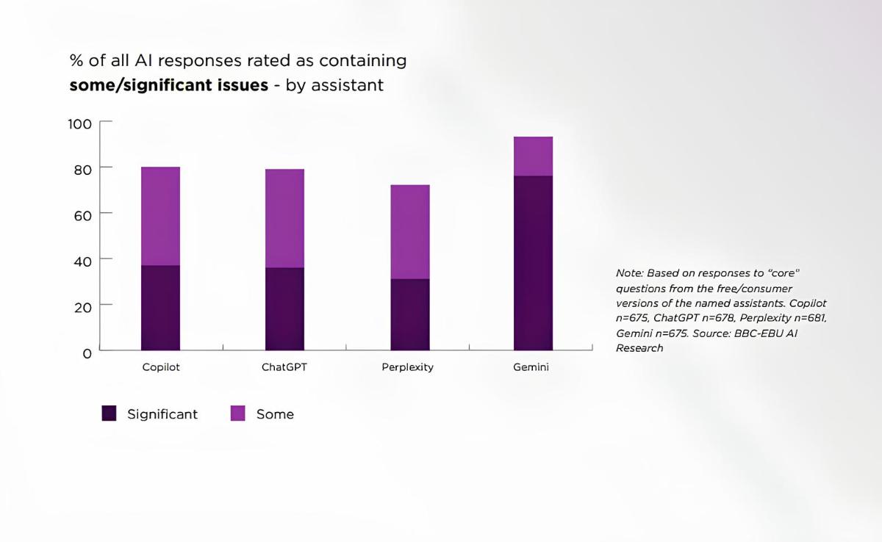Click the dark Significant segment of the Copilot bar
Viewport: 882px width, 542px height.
(x=160, y=308)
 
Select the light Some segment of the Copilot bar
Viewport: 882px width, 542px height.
(x=160, y=216)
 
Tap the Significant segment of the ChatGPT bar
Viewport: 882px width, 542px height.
(x=284, y=309)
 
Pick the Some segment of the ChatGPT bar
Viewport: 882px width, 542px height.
(x=284, y=218)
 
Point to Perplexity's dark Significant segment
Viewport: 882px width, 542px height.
(x=410, y=314)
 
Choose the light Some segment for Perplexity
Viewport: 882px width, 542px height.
(x=410, y=231)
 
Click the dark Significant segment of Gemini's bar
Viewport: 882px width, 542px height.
(x=533, y=263)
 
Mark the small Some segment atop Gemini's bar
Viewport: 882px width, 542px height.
(x=533, y=156)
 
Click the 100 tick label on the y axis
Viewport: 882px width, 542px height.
(x=79, y=123)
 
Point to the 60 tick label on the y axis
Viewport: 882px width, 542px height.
(x=82, y=214)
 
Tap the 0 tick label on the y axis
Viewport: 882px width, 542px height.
(x=87, y=353)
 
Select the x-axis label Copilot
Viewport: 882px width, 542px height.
(x=161, y=367)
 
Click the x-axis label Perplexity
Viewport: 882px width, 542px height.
(x=407, y=367)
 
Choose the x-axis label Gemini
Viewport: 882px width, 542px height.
(x=531, y=367)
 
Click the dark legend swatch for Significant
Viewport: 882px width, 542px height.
(x=109, y=414)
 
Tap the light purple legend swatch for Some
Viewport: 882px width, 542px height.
(x=238, y=414)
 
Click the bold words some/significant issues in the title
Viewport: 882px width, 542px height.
(x=168, y=85)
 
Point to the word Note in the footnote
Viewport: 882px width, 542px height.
(x=629, y=272)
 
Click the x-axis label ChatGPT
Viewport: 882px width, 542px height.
(x=284, y=367)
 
